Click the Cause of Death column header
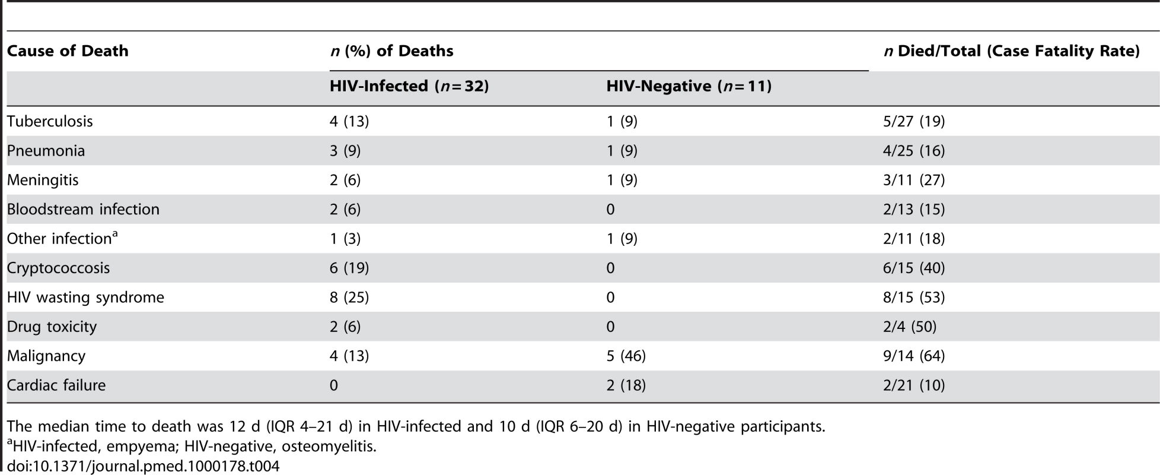[68, 51]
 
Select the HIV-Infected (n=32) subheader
[409, 86]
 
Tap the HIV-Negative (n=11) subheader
[689, 86]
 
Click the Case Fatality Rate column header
[1012, 51]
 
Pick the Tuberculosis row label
[50, 121]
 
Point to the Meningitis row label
[43, 180]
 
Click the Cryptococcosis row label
[59, 268]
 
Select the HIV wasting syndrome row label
[85, 297]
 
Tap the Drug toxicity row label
[52, 327]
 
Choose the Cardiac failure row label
[56, 385]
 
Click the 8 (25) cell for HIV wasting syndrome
[349, 297]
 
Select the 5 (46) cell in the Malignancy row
[626, 356]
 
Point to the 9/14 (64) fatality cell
[914, 356]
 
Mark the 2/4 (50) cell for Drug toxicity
[910, 327]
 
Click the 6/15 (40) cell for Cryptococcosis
[914, 268]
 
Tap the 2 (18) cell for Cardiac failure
[626, 385]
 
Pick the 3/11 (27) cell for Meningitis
[914, 180]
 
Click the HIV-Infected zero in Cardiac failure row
[334, 385]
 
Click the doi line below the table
[143, 465]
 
